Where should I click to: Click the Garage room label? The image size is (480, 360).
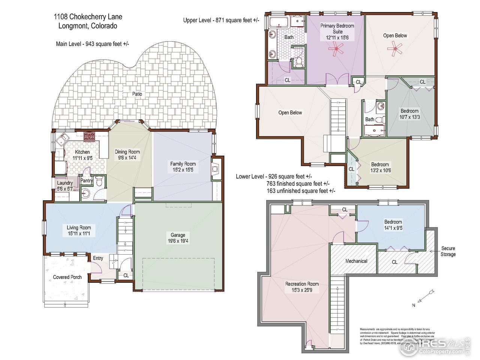click(x=178, y=235)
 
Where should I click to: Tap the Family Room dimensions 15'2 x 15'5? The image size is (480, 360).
click(x=183, y=170)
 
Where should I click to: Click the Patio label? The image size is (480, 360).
click(x=137, y=94)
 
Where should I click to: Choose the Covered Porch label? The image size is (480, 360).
click(x=67, y=277)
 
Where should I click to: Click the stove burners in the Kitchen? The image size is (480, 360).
click(x=90, y=136)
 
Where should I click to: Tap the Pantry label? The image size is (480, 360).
click(x=87, y=181)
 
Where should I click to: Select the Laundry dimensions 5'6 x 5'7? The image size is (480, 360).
click(x=65, y=189)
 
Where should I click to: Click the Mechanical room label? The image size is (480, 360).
click(x=356, y=261)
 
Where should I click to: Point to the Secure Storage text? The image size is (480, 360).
click(x=448, y=251)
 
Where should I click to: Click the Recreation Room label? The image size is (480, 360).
click(x=302, y=284)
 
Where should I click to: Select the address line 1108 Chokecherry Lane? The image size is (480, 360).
click(x=88, y=16)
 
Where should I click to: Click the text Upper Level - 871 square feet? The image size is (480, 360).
click(x=221, y=20)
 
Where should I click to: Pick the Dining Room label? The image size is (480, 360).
click(x=127, y=152)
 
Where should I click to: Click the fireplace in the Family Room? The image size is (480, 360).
click(x=215, y=169)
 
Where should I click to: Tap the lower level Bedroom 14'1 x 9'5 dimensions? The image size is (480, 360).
click(x=393, y=228)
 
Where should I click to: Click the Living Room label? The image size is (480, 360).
click(x=79, y=227)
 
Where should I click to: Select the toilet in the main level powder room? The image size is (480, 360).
click(x=99, y=182)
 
